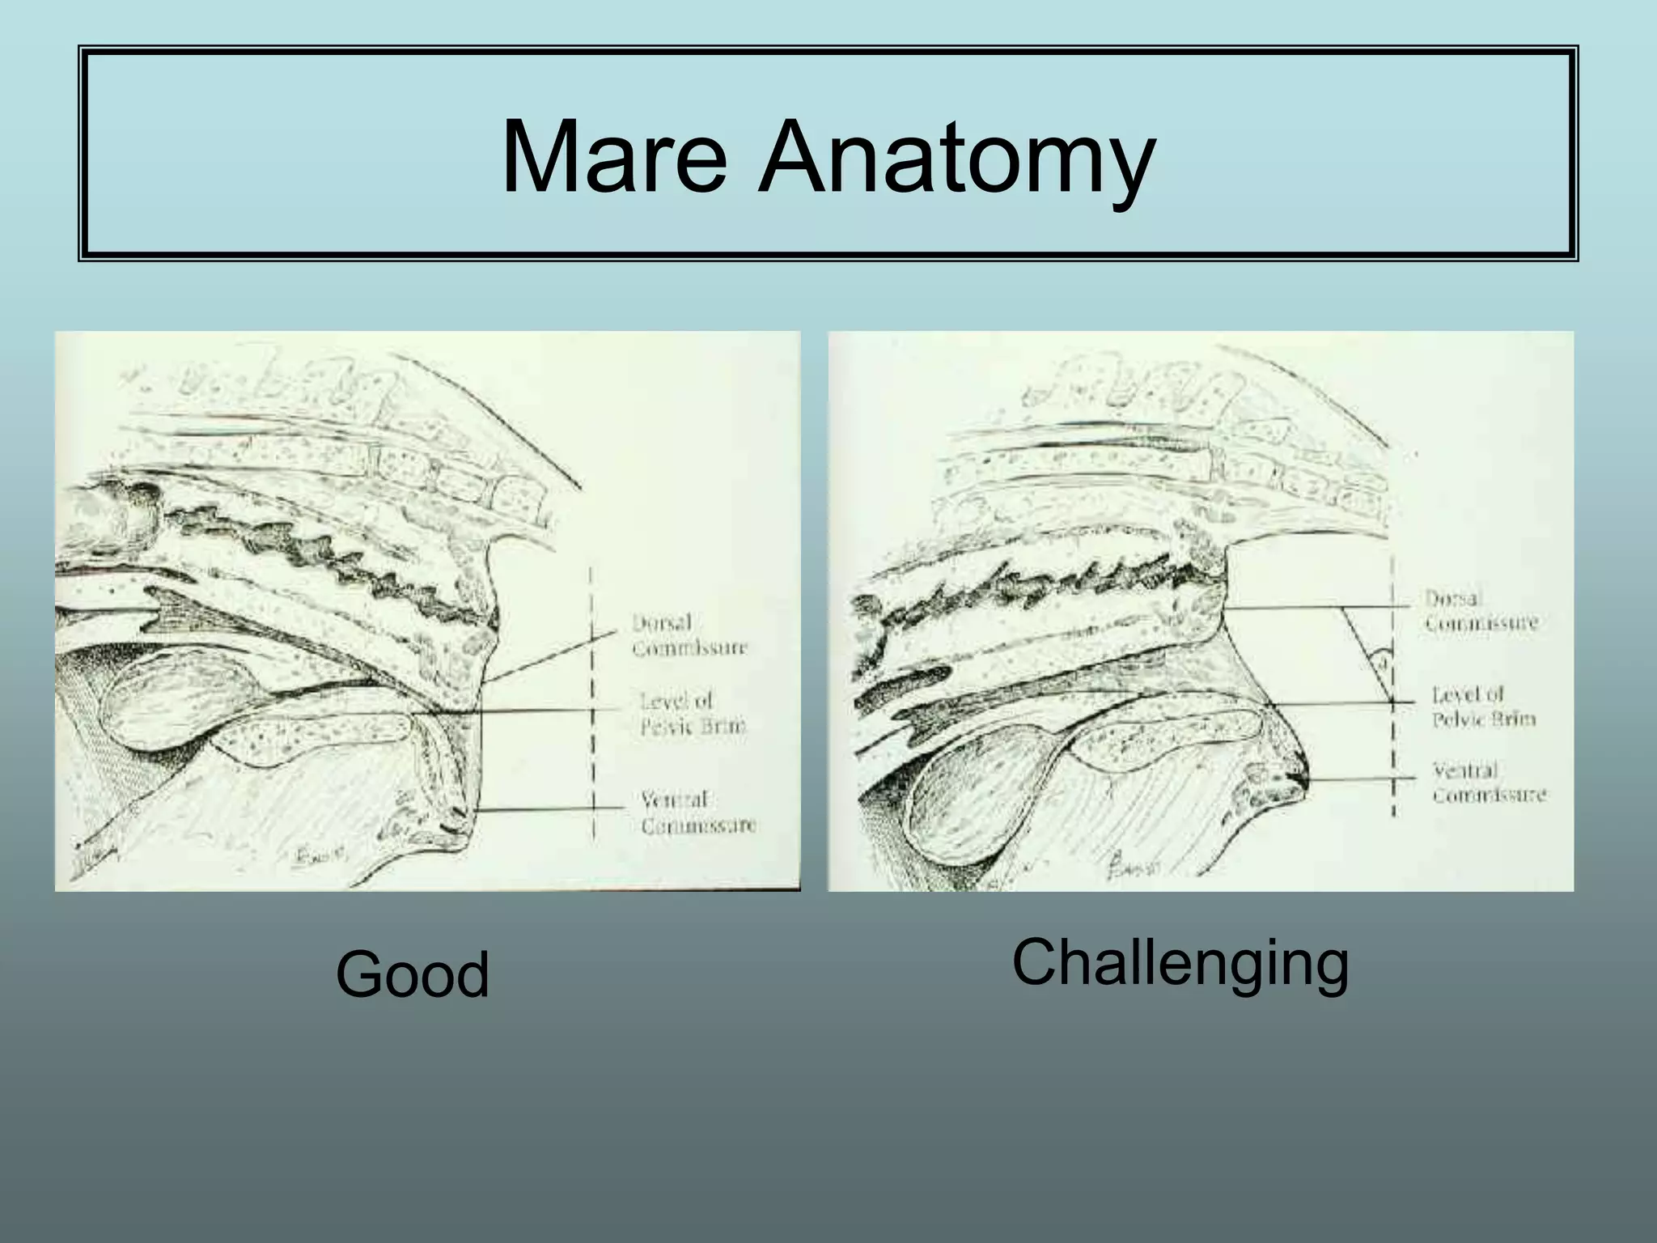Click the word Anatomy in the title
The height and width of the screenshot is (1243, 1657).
[x=956, y=158]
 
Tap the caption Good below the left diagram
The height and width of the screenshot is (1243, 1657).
[x=413, y=974]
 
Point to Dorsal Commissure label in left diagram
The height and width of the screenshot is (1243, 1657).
[x=689, y=635]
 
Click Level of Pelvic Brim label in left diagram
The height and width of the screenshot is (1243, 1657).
[x=693, y=713]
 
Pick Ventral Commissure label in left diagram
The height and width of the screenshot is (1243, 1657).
[x=698, y=812]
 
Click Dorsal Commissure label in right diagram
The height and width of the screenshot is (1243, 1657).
[x=1481, y=611]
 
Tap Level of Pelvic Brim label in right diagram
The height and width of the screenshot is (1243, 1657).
[x=1483, y=706]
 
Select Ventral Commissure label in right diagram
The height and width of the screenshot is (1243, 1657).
[x=1489, y=783]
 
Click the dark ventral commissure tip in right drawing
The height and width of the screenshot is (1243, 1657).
[x=1293, y=778]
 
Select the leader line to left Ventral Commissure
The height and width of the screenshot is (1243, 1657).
[x=550, y=808]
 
